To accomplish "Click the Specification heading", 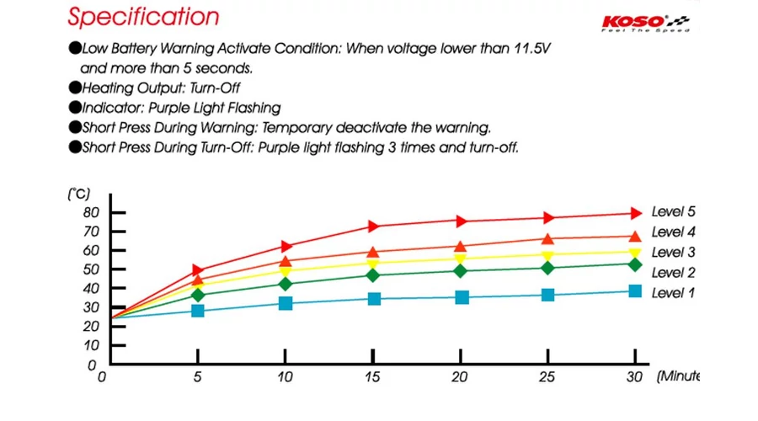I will pos(143,17).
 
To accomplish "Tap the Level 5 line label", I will pos(673,212).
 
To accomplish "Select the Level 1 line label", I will pos(673,293).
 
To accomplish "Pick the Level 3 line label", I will pos(673,253).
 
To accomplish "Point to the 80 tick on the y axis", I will pos(90,212).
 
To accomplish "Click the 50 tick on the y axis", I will pos(90,269).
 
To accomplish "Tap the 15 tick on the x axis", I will pos(373,377).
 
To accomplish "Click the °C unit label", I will pos(78,194).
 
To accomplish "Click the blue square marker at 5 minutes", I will pos(198,311).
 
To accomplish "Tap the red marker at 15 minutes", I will pos(374,226).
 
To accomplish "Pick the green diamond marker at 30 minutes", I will pos(636,264).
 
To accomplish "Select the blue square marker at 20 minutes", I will pos(462,297).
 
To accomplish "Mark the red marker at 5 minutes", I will pos(198,270).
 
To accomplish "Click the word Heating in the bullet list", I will pos(108,88).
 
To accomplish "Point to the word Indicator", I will pos(111,108).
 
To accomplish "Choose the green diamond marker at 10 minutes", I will pos(286,284).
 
